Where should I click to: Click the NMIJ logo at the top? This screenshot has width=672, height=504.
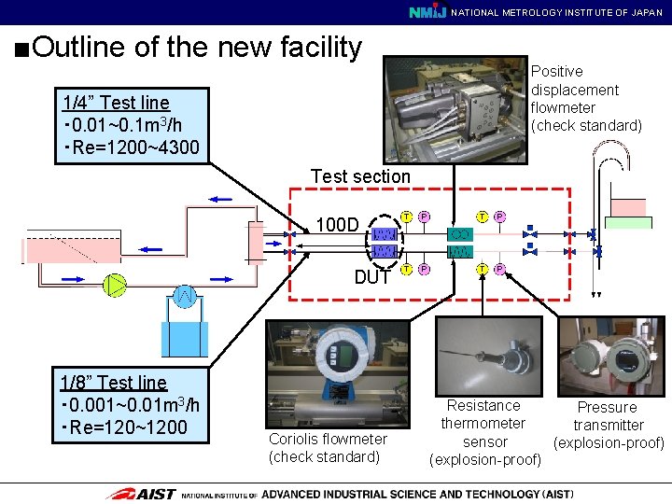coord(428,12)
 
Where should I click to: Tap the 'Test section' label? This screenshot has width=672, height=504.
coord(360,176)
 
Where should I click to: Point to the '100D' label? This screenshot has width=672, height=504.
coord(338,225)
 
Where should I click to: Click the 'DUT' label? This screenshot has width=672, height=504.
coord(372,276)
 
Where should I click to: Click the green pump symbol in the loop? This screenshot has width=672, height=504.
coord(114,285)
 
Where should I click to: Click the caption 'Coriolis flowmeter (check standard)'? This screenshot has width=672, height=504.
coord(328,448)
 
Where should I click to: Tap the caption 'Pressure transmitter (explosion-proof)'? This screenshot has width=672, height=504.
coord(608,425)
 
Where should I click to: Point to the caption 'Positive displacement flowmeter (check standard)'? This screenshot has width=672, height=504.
coord(585,98)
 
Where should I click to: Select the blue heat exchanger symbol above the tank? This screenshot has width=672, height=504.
coord(185,298)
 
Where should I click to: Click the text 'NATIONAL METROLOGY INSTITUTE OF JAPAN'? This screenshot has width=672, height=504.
coord(557,12)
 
